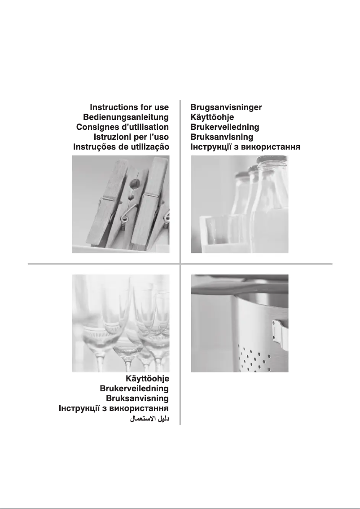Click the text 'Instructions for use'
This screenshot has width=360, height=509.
click(129, 107)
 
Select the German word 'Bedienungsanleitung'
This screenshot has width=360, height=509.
click(126, 117)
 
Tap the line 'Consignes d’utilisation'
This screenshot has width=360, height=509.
click(123, 127)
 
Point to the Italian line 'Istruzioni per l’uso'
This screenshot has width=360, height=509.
click(132, 137)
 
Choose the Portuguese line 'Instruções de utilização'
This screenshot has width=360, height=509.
click(121, 147)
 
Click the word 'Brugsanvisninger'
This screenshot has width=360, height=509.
click(226, 107)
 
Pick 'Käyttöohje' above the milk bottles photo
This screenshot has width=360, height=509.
click(212, 117)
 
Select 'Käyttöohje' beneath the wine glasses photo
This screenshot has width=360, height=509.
click(148, 379)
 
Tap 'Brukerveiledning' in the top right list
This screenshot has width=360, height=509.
click(225, 127)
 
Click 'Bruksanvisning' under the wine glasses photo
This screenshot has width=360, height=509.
click(137, 398)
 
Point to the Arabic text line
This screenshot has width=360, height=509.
click(150, 419)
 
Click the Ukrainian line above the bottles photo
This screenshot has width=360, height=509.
click(245, 147)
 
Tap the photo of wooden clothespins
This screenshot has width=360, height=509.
click(121, 204)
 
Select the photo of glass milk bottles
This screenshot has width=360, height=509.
click(240, 204)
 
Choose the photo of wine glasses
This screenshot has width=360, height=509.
click(121, 323)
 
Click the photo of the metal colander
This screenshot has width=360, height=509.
click(240, 323)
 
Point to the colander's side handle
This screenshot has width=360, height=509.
click(280, 334)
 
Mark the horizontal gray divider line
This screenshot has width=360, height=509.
click(180, 264)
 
